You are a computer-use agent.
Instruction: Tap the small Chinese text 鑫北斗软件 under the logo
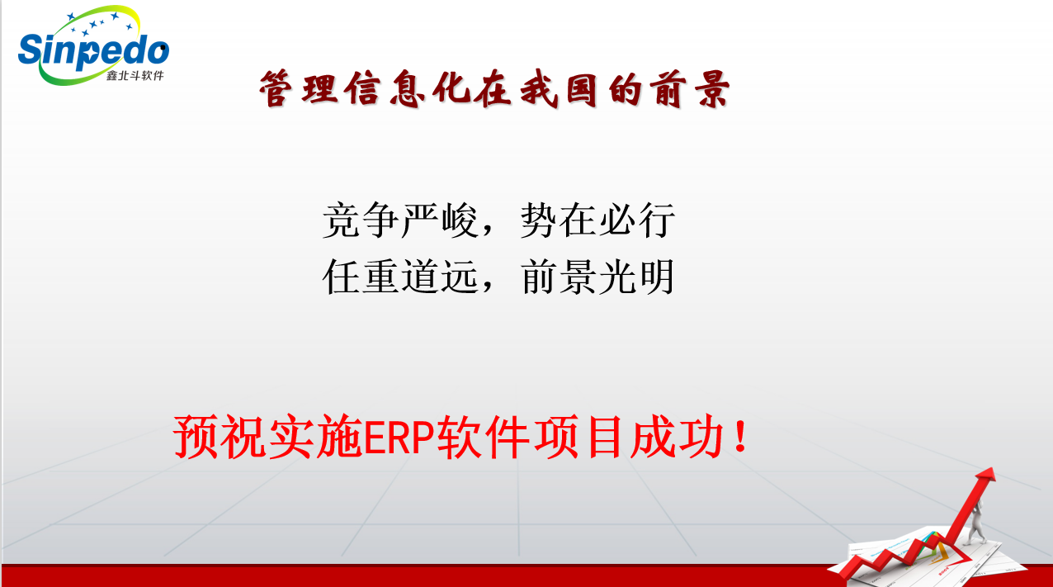click(x=135, y=75)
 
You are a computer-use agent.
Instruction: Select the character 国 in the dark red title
click(x=582, y=89)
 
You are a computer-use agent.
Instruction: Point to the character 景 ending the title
click(x=713, y=89)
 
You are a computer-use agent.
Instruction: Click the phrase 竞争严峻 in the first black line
click(x=400, y=220)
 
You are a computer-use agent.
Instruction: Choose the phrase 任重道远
click(x=400, y=277)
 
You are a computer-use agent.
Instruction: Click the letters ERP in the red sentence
click(x=399, y=438)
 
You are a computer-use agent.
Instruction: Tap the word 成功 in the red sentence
click(x=677, y=437)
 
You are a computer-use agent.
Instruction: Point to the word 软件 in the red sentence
click(x=483, y=437)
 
